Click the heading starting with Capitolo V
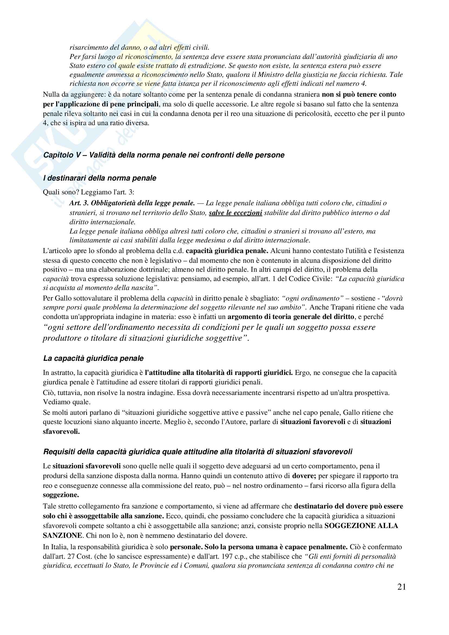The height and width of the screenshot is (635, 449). [164, 155]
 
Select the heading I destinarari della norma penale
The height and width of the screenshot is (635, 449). [100, 178]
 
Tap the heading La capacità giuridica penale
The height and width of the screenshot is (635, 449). [93, 358]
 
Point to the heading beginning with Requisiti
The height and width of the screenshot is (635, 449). [197, 452]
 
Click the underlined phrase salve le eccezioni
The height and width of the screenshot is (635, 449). [236, 213]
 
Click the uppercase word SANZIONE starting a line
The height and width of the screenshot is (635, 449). [62, 535]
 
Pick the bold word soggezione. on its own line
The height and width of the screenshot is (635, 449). [61, 495]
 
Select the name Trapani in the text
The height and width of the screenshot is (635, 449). [344, 307]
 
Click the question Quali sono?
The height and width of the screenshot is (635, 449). [61, 192]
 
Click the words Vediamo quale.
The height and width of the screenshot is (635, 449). [67, 402]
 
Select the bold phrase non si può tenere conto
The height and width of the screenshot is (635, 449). [359, 94]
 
